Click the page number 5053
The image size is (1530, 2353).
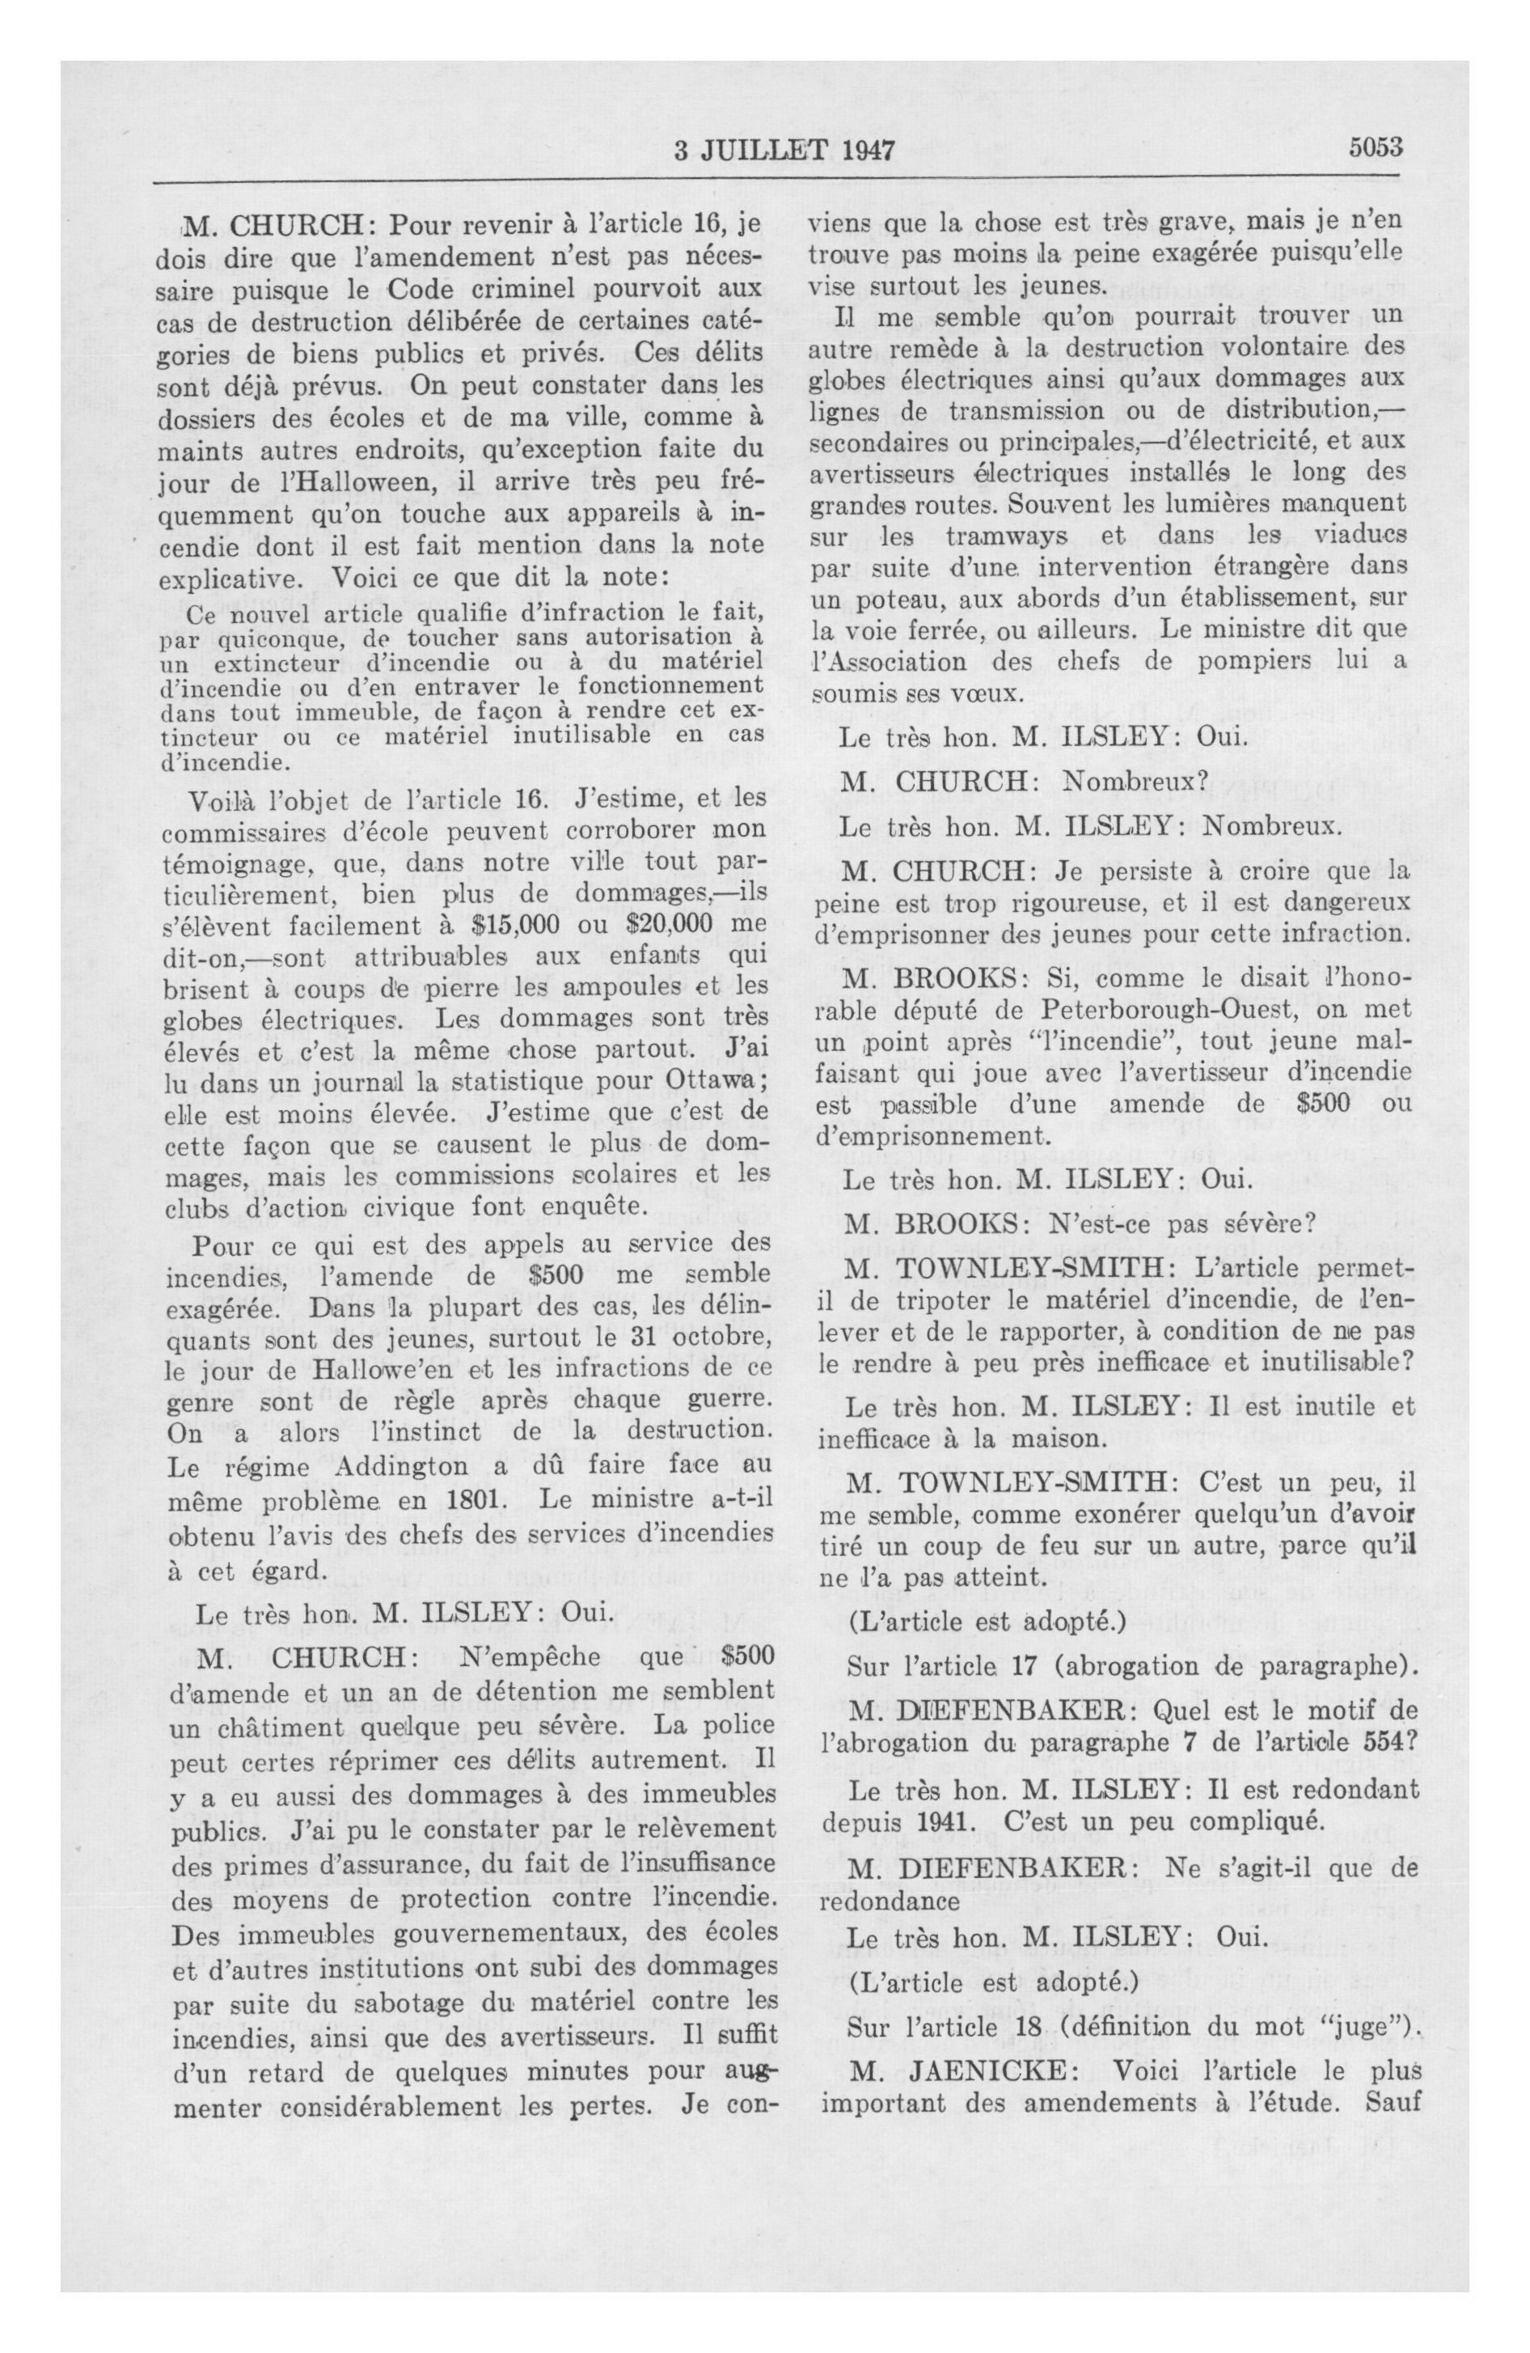(x=1376, y=147)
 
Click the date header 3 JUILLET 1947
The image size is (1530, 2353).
(x=784, y=151)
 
